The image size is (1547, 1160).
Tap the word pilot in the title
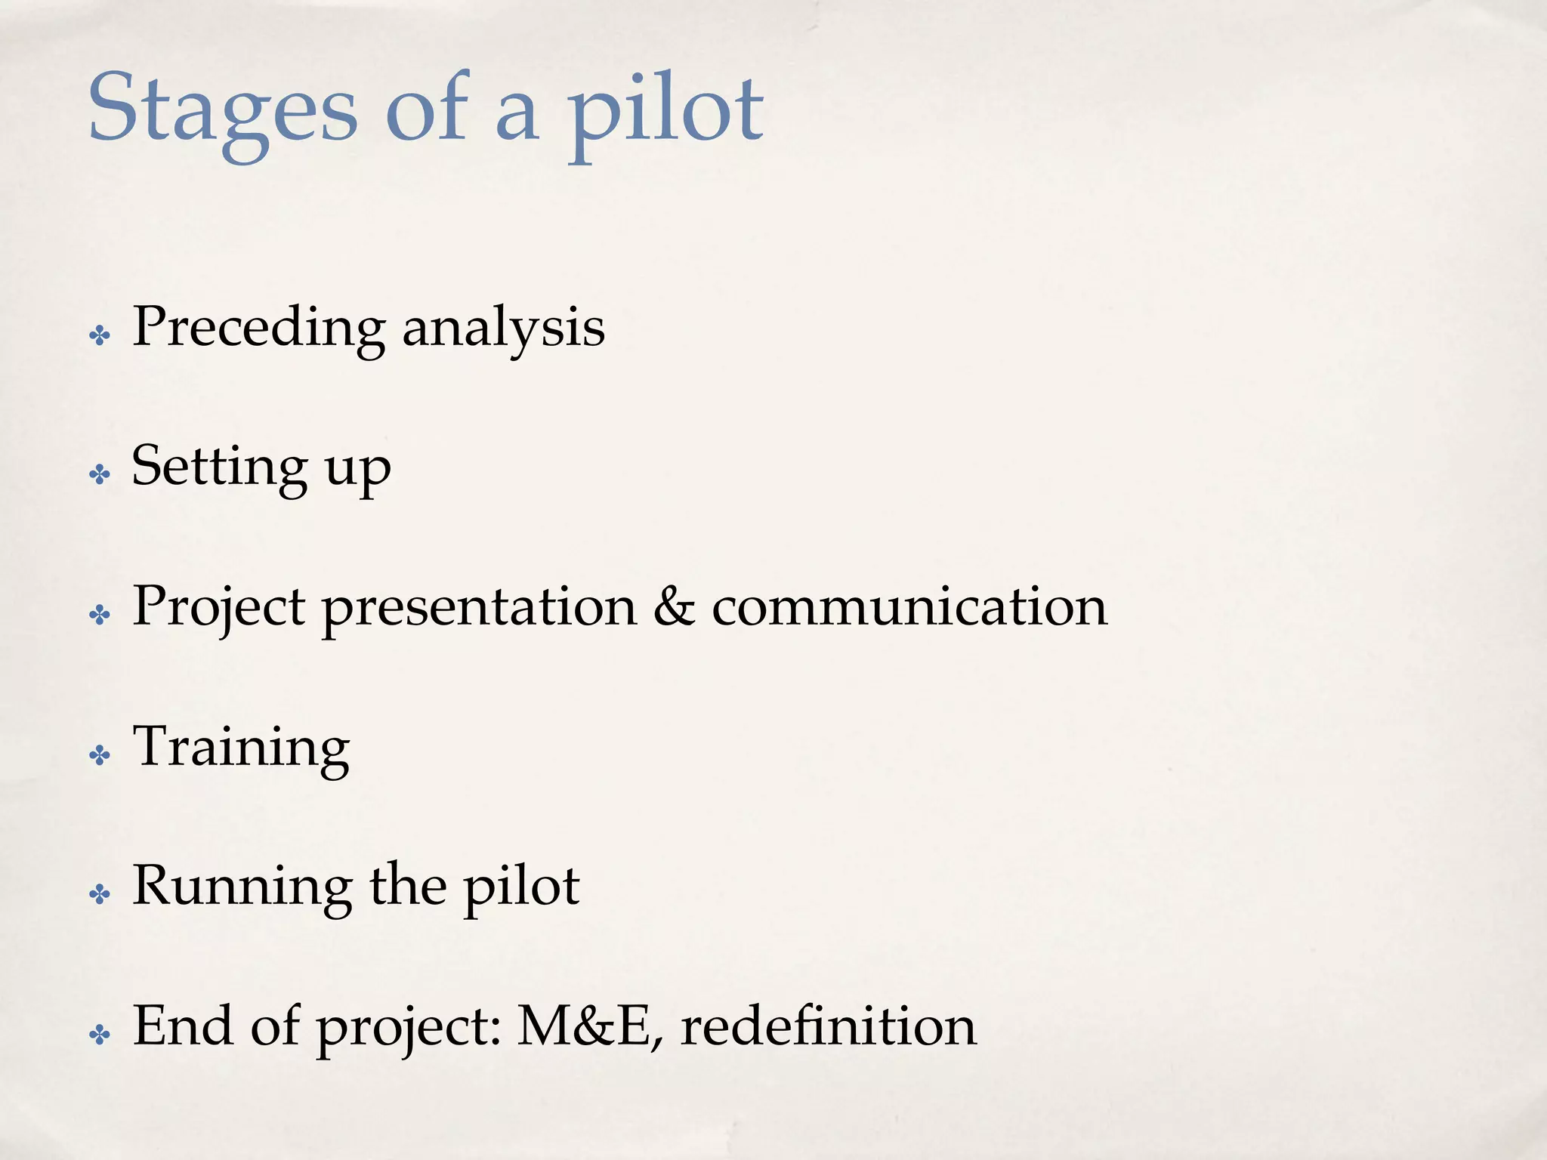pyautogui.click(x=665, y=113)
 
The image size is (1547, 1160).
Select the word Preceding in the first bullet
pyautogui.click(x=258, y=329)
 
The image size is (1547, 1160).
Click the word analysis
pyautogui.click(x=503, y=329)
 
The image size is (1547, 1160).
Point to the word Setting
pyautogui.click(x=219, y=467)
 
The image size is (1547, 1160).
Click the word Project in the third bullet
pyautogui.click(x=219, y=608)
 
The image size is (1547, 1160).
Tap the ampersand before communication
pyautogui.click(x=674, y=606)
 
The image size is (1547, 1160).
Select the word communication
pyautogui.click(x=909, y=607)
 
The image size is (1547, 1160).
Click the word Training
pyautogui.click(x=241, y=748)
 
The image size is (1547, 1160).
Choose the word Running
pyautogui.click(x=242, y=888)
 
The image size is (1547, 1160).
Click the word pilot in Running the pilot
pyautogui.click(x=521, y=888)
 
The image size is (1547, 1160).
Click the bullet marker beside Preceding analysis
pyautogui.click(x=100, y=335)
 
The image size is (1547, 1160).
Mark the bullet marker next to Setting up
pyautogui.click(x=100, y=475)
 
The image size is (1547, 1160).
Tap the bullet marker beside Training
pyautogui.click(x=100, y=755)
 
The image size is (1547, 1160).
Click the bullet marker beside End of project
pyautogui.click(x=100, y=1035)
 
